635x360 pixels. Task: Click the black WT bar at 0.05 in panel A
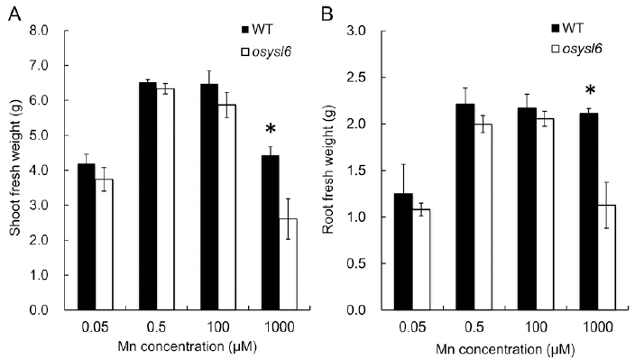[87, 237]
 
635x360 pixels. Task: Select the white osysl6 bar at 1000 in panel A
[288, 264]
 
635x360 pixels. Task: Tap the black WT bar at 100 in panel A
[209, 197]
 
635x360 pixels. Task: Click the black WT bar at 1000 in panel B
[589, 211]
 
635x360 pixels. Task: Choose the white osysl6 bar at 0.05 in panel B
[421, 260]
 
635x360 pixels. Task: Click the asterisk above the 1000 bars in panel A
[270, 130]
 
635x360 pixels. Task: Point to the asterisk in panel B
[590, 90]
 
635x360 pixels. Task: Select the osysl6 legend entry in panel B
[576, 49]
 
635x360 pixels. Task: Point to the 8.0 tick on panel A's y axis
[40, 31]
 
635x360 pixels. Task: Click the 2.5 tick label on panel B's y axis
[356, 78]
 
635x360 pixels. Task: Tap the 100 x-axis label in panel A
[218, 327]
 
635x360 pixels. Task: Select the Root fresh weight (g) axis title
[328, 170]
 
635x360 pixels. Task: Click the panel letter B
[327, 14]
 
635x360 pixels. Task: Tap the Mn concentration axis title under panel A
[187, 346]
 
